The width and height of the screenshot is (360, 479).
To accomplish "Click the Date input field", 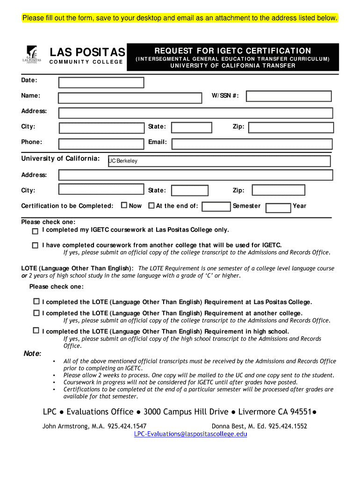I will [x=101, y=83].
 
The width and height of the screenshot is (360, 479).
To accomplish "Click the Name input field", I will [x=130, y=98].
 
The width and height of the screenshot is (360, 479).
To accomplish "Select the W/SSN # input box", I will [x=288, y=96].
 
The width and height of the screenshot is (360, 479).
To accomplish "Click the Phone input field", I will [x=101, y=144].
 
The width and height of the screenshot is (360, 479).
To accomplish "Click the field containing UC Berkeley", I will [x=219, y=161].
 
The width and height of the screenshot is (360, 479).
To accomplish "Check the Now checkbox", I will [x=124, y=205].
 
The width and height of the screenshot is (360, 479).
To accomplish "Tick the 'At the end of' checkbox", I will [x=151, y=205].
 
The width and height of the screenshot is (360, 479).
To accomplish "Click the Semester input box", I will [x=216, y=206].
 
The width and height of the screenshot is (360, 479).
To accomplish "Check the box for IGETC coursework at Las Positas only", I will [x=35, y=231].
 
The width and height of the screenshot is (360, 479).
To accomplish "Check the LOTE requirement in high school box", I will [x=36, y=330].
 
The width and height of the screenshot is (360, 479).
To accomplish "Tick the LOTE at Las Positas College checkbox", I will [x=36, y=301].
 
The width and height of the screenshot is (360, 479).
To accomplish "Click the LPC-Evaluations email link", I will [x=190, y=434].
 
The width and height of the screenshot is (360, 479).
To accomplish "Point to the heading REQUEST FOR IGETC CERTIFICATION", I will [x=232, y=51].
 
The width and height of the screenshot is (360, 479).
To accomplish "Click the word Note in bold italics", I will [x=32, y=353].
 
